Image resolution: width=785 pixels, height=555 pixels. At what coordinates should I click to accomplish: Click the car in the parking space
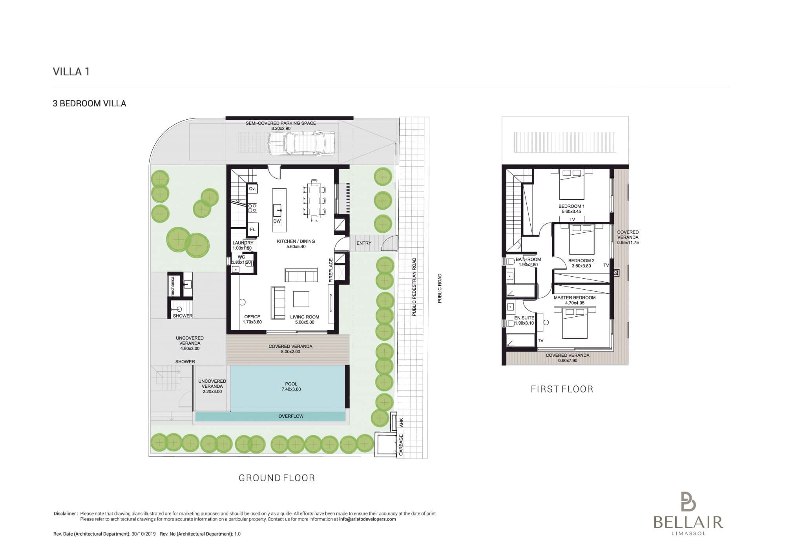point(302,143)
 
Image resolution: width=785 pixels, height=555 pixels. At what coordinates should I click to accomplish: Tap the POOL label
point(291,384)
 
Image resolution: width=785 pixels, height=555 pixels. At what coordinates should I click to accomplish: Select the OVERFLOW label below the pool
point(291,416)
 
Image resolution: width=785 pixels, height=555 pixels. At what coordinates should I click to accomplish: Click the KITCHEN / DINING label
point(296,241)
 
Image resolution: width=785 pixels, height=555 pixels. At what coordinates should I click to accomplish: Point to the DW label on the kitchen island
point(277,221)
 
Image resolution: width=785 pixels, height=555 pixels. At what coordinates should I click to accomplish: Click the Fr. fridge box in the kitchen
point(253,230)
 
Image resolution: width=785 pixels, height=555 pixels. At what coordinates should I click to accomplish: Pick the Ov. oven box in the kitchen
point(252,189)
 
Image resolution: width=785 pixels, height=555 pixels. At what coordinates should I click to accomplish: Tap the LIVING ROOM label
point(305,317)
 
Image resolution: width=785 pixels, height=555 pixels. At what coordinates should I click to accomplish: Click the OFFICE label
point(252,317)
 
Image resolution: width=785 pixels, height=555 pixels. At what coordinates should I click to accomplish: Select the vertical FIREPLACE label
point(331,270)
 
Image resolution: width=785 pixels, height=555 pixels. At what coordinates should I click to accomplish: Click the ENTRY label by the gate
point(364,243)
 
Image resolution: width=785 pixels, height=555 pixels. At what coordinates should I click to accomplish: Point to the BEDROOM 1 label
point(571,206)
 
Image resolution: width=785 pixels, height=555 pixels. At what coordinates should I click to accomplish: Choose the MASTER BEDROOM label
point(575,298)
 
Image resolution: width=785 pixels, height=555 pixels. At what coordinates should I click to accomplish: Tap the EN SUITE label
point(524,318)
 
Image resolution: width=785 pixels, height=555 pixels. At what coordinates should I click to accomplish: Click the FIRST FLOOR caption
point(562,389)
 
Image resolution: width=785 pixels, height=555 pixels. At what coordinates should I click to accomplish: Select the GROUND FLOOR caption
point(277,478)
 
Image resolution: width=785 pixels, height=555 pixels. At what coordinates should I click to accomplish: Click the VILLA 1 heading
point(71,71)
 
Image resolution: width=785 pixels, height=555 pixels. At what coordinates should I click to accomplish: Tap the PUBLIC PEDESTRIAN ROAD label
point(414,287)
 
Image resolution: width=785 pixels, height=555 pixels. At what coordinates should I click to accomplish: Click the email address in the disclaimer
point(367,519)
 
